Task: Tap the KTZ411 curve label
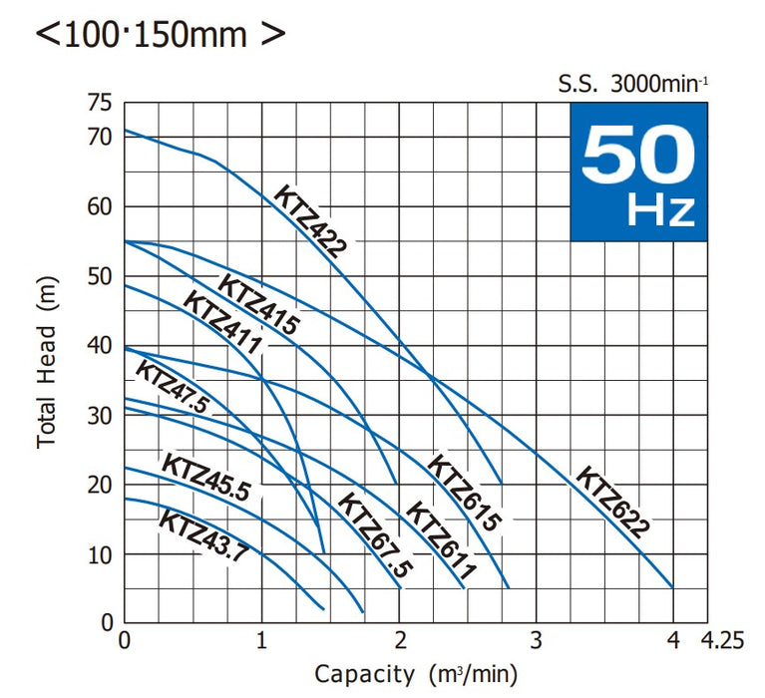222,323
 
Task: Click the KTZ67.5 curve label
374,532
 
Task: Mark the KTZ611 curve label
440,539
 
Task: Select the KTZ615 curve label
464,491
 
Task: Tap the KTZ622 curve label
612,502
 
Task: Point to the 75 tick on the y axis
100,103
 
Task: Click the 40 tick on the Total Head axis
100,345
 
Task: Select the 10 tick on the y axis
100,554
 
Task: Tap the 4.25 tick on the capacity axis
723,641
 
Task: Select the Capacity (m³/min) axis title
416,674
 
